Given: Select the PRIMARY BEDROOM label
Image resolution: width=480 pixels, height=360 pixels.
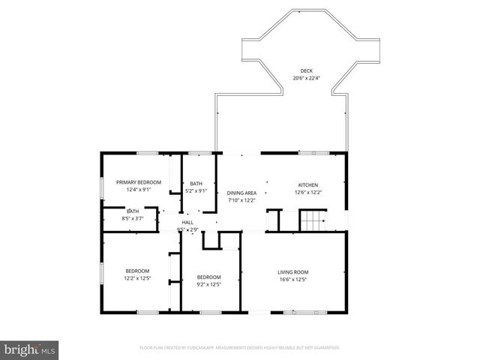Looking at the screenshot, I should pyautogui.click(x=139, y=182).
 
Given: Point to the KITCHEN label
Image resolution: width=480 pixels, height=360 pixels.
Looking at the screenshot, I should pyautogui.click(x=308, y=184).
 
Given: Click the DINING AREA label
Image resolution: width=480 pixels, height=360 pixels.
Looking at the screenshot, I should pyautogui.click(x=241, y=193).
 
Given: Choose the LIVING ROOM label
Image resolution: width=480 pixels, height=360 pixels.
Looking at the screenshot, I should pyautogui.click(x=293, y=272).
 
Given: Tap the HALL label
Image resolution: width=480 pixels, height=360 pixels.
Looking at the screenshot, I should pyautogui.click(x=187, y=222).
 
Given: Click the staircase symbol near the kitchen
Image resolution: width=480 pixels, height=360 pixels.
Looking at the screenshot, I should pyautogui.click(x=310, y=221).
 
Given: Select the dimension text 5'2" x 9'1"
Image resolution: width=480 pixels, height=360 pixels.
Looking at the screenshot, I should pyautogui.click(x=196, y=190).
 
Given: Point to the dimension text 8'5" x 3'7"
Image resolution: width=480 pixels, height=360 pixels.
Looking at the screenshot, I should pyautogui.click(x=133, y=218).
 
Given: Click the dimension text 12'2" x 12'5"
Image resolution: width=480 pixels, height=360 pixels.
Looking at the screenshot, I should pyautogui.click(x=137, y=278).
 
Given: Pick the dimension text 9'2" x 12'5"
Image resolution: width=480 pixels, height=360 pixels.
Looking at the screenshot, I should pyautogui.click(x=208, y=283).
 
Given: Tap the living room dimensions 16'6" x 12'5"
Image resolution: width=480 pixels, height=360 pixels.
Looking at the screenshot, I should pyautogui.click(x=293, y=280).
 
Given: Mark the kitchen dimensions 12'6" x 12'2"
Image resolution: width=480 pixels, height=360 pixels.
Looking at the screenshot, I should pyautogui.click(x=308, y=192).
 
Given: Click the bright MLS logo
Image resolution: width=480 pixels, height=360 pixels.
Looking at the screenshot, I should pyautogui.click(x=30, y=349).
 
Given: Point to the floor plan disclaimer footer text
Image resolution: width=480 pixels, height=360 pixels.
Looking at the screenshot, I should pyautogui.click(x=240, y=348).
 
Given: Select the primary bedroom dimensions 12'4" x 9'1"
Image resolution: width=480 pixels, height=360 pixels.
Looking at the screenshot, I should pyautogui.click(x=139, y=190).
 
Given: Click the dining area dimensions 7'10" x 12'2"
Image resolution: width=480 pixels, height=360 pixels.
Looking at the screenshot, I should pyautogui.click(x=241, y=200).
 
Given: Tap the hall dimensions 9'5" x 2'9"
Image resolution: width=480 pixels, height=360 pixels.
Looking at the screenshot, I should pyautogui.click(x=187, y=229).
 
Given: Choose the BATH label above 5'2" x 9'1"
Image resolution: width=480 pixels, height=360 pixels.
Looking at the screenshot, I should pyautogui.click(x=196, y=184).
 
